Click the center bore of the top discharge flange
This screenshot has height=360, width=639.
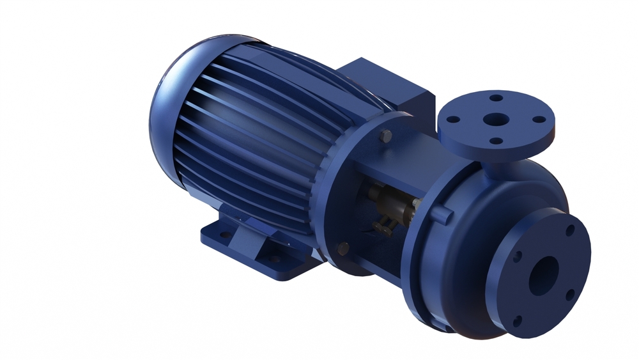click(x=495, y=120)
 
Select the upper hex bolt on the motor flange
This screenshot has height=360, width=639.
click(x=386, y=136)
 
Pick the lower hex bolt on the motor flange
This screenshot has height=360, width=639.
click(x=343, y=248)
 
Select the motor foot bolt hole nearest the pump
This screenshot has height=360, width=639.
click(x=274, y=259)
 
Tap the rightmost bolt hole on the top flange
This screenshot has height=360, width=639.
click(x=539, y=119)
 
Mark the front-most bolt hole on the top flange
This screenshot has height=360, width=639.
click(x=495, y=141)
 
